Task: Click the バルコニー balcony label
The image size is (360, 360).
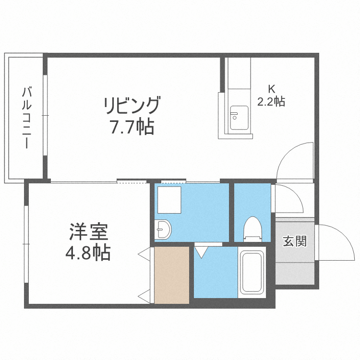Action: [26, 117]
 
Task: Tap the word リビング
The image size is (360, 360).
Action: [131, 105]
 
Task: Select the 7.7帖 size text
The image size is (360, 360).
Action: [131, 127]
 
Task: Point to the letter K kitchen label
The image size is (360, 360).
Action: [271, 89]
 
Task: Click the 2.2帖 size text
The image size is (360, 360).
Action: [271, 101]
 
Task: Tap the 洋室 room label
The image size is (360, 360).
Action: [88, 232]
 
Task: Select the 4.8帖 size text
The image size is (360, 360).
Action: [88, 252]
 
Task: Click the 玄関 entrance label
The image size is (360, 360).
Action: [295, 241]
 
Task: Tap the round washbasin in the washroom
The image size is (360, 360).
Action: [163, 229]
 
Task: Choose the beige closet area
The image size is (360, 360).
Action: [171, 275]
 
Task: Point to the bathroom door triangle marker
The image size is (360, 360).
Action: [201, 251]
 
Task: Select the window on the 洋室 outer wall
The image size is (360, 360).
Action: [26, 245]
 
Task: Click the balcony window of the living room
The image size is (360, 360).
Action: [46, 115]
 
